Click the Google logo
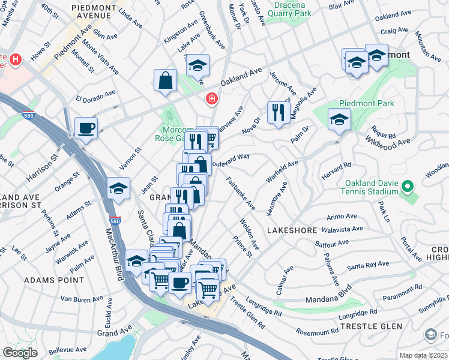click(x=20, y=353)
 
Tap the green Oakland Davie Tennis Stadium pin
click(x=408, y=187)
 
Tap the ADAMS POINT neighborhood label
click(x=49, y=280)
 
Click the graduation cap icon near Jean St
click(x=119, y=188)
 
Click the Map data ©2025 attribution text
click(x=423, y=355)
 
